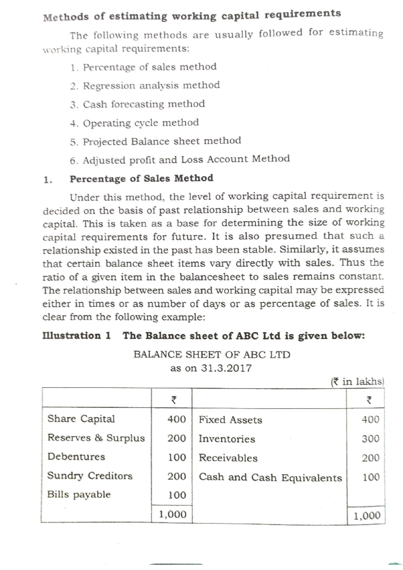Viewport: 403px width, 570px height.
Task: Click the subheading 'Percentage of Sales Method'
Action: pyautogui.click(x=141, y=178)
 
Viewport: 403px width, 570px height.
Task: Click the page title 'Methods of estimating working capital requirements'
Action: pyautogui.click(x=192, y=15)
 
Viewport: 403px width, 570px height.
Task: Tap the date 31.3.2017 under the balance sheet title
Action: pyautogui.click(x=226, y=368)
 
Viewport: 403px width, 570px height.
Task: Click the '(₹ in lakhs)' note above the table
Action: pyautogui.click(x=357, y=382)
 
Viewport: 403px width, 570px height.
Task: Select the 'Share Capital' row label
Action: pyautogui.click(x=81, y=419)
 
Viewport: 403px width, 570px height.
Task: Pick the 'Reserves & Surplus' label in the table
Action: pyautogui.click(x=96, y=438)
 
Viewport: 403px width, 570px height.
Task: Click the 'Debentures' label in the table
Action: pyautogui.click(x=76, y=457)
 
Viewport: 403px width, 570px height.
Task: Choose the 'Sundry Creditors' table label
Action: pyautogui.click(x=90, y=476)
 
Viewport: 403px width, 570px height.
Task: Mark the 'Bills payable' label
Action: pyautogui.click(x=79, y=494)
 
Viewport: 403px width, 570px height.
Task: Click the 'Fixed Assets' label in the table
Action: pyautogui.click(x=230, y=420)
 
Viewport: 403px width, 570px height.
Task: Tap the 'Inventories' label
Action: pyautogui.click(x=227, y=439)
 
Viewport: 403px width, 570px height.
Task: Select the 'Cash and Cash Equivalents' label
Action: pyautogui.click(x=270, y=477)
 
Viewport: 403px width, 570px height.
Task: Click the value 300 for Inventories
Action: pyautogui.click(x=370, y=439)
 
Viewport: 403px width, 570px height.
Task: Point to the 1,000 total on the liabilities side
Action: pyautogui.click(x=173, y=514)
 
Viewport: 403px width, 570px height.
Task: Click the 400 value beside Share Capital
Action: pyautogui.click(x=177, y=419)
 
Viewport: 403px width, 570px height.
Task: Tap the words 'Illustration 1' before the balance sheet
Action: pyautogui.click(x=77, y=336)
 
